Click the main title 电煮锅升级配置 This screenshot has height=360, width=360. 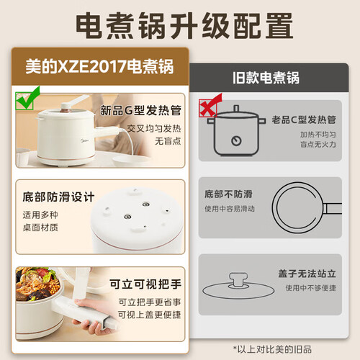[x=184, y=26]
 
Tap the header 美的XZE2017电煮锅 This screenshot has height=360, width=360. [x=99, y=66]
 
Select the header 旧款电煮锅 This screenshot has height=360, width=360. [x=266, y=78]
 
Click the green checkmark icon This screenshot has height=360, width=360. [x=27, y=99]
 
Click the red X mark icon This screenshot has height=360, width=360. [x=210, y=105]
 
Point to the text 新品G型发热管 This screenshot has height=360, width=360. [x=140, y=110]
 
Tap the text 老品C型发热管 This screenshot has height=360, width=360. [x=304, y=120]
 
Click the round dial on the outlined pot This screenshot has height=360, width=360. [x=236, y=140]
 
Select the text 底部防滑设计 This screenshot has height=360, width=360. [x=58, y=197]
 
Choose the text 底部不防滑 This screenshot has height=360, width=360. [x=228, y=194]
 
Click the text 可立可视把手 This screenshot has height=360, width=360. [x=145, y=284]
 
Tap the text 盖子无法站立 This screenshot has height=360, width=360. [x=307, y=274]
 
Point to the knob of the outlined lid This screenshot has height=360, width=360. [x=238, y=279]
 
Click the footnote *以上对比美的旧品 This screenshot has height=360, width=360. [x=272, y=349]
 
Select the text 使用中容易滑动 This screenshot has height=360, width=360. [x=230, y=209]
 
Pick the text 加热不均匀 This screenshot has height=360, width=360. [x=318, y=135]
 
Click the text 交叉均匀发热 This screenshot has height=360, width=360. [x=154, y=129]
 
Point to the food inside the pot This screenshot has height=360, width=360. [x=37, y=283]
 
